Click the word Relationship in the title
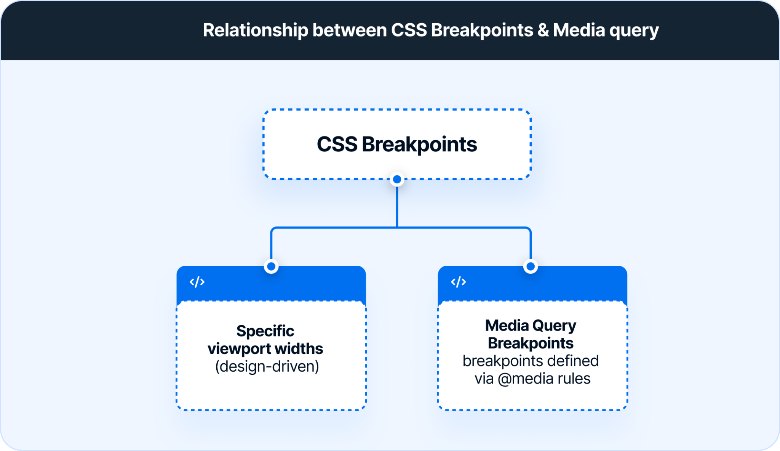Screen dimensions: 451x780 point(255,30)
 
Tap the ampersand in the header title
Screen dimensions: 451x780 point(543,30)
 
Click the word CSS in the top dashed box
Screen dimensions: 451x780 point(337,144)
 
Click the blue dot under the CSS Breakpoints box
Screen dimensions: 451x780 point(397,179)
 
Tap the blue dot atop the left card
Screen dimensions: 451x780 point(271,266)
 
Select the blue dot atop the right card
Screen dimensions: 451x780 point(530,266)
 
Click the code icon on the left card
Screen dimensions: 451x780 point(197,282)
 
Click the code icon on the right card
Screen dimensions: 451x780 point(458,282)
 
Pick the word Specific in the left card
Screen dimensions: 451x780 point(265,331)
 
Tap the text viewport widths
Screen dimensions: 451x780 point(265,348)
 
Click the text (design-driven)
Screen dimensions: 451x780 point(267,366)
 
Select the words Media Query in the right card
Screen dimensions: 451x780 point(530,326)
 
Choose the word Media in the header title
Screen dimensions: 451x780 point(579,30)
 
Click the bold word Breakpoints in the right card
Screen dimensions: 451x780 point(530,343)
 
